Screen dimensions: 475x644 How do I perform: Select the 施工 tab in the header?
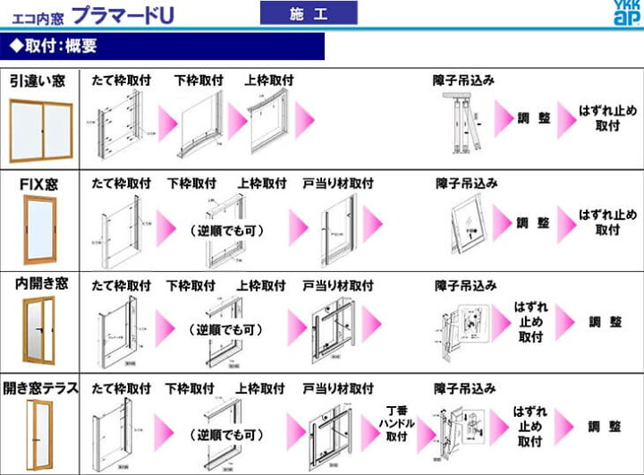(x=308, y=13)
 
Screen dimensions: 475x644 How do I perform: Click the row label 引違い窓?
(x=38, y=81)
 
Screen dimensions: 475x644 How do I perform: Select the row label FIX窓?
(x=39, y=184)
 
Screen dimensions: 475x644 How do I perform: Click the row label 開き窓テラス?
(x=39, y=388)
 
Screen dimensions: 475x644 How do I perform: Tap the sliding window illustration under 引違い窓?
(x=40, y=129)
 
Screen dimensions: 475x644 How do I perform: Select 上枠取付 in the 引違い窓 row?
(x=269, y=80)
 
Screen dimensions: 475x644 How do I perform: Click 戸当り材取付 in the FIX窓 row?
(x=337, y=183)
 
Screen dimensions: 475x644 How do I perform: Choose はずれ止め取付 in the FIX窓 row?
(x=607, y=222)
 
